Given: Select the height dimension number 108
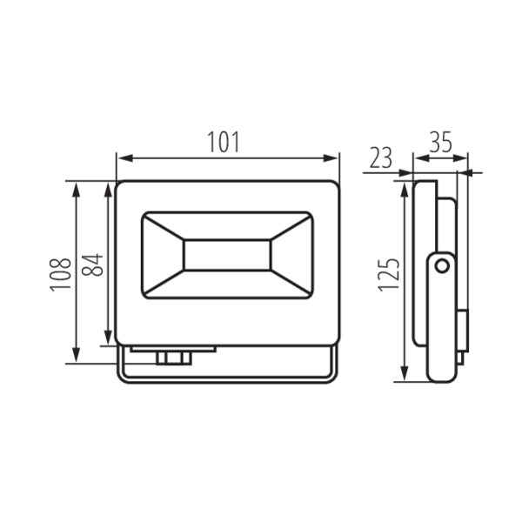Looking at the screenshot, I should [61, 274].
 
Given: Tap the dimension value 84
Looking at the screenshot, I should [94, 264].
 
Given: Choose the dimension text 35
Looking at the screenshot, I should [440, 142].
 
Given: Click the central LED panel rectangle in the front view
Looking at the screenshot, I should [226, 254].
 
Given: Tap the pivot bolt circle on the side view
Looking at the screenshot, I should [442, 266].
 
